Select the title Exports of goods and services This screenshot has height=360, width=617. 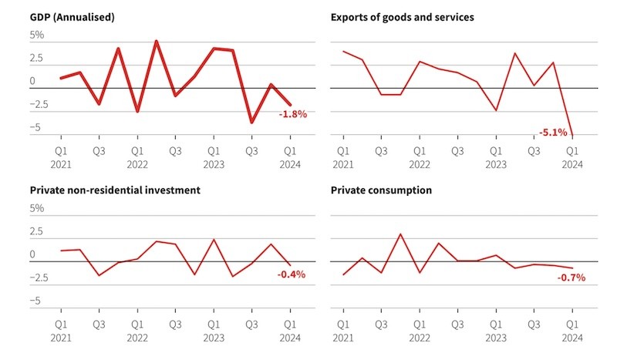(x=402, y=16)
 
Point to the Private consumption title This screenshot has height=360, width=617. (x=381, y=190)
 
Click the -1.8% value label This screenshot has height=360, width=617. (x=292, y=114)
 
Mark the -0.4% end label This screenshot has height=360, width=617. (x=292, y=274)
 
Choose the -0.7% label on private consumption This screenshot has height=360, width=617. (x=571, y=278)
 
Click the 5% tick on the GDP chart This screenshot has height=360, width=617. (x=37, y=35)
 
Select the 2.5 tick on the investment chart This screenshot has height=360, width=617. (x=37, y=231)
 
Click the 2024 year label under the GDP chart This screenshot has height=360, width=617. (x=291, y=164)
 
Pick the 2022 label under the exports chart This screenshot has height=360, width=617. (x=419, y=164)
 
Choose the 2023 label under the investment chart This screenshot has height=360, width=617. (x=214, y=338)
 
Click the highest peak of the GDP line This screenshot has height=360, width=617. (x=156, y=41)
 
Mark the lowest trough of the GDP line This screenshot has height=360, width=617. (x=251, y=122)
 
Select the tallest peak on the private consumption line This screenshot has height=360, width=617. (x=400, y=234)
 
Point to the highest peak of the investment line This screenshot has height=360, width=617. (x=214, y=240)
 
